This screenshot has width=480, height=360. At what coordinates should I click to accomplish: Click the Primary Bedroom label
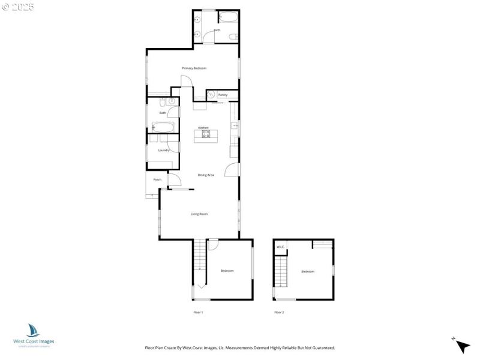tap(194, 68)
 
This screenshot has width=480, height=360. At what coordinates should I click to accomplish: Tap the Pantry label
tap(223, 95)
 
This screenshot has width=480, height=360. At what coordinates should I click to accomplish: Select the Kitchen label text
tap(203, 128)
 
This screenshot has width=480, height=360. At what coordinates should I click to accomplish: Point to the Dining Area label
tap(206, 175)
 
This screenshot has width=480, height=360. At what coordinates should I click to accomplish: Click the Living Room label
tap(199, 214)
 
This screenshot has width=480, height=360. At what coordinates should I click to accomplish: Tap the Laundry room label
tap(164, 150)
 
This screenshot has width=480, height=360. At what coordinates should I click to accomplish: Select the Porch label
tap(157, 179)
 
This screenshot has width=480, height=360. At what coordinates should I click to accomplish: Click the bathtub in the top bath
tap(227, 17)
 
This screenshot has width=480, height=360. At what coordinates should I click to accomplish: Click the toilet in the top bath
tap(232, 37)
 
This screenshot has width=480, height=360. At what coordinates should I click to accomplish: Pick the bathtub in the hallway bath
tap(163, 127)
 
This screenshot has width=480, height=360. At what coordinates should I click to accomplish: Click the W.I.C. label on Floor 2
tap(280, 247)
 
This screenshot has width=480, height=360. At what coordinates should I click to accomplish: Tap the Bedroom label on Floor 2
tap(308, 272)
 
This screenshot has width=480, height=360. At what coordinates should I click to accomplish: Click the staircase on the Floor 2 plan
tap(281, 272)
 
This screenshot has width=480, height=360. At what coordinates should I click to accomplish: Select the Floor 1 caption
tap(198, 313)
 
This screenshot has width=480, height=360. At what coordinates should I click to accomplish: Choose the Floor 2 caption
tap(279, 313)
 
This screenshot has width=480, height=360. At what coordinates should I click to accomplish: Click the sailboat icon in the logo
tap(33, 331)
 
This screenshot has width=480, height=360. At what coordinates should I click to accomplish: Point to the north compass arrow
tap(462, 346)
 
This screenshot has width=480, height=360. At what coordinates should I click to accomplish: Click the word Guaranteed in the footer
tap(321, 348)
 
